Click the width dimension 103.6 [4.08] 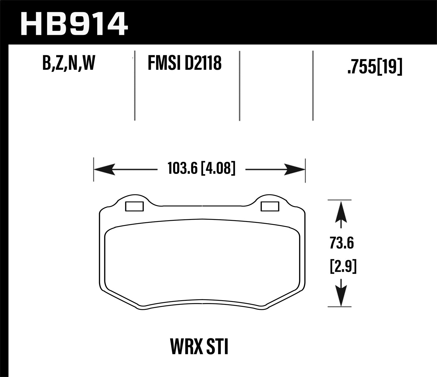tap(201, 168)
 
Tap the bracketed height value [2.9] tap(343, 267)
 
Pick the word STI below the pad tap(217, 347)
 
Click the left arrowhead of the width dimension tap(103, 169)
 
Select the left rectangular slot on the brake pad tap(134, 206)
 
